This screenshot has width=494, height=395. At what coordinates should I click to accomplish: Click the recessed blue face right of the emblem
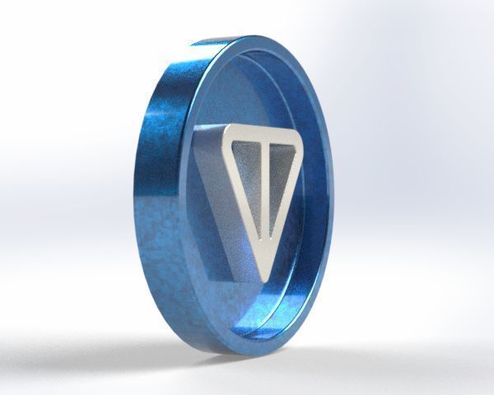click(x=317, y=206)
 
